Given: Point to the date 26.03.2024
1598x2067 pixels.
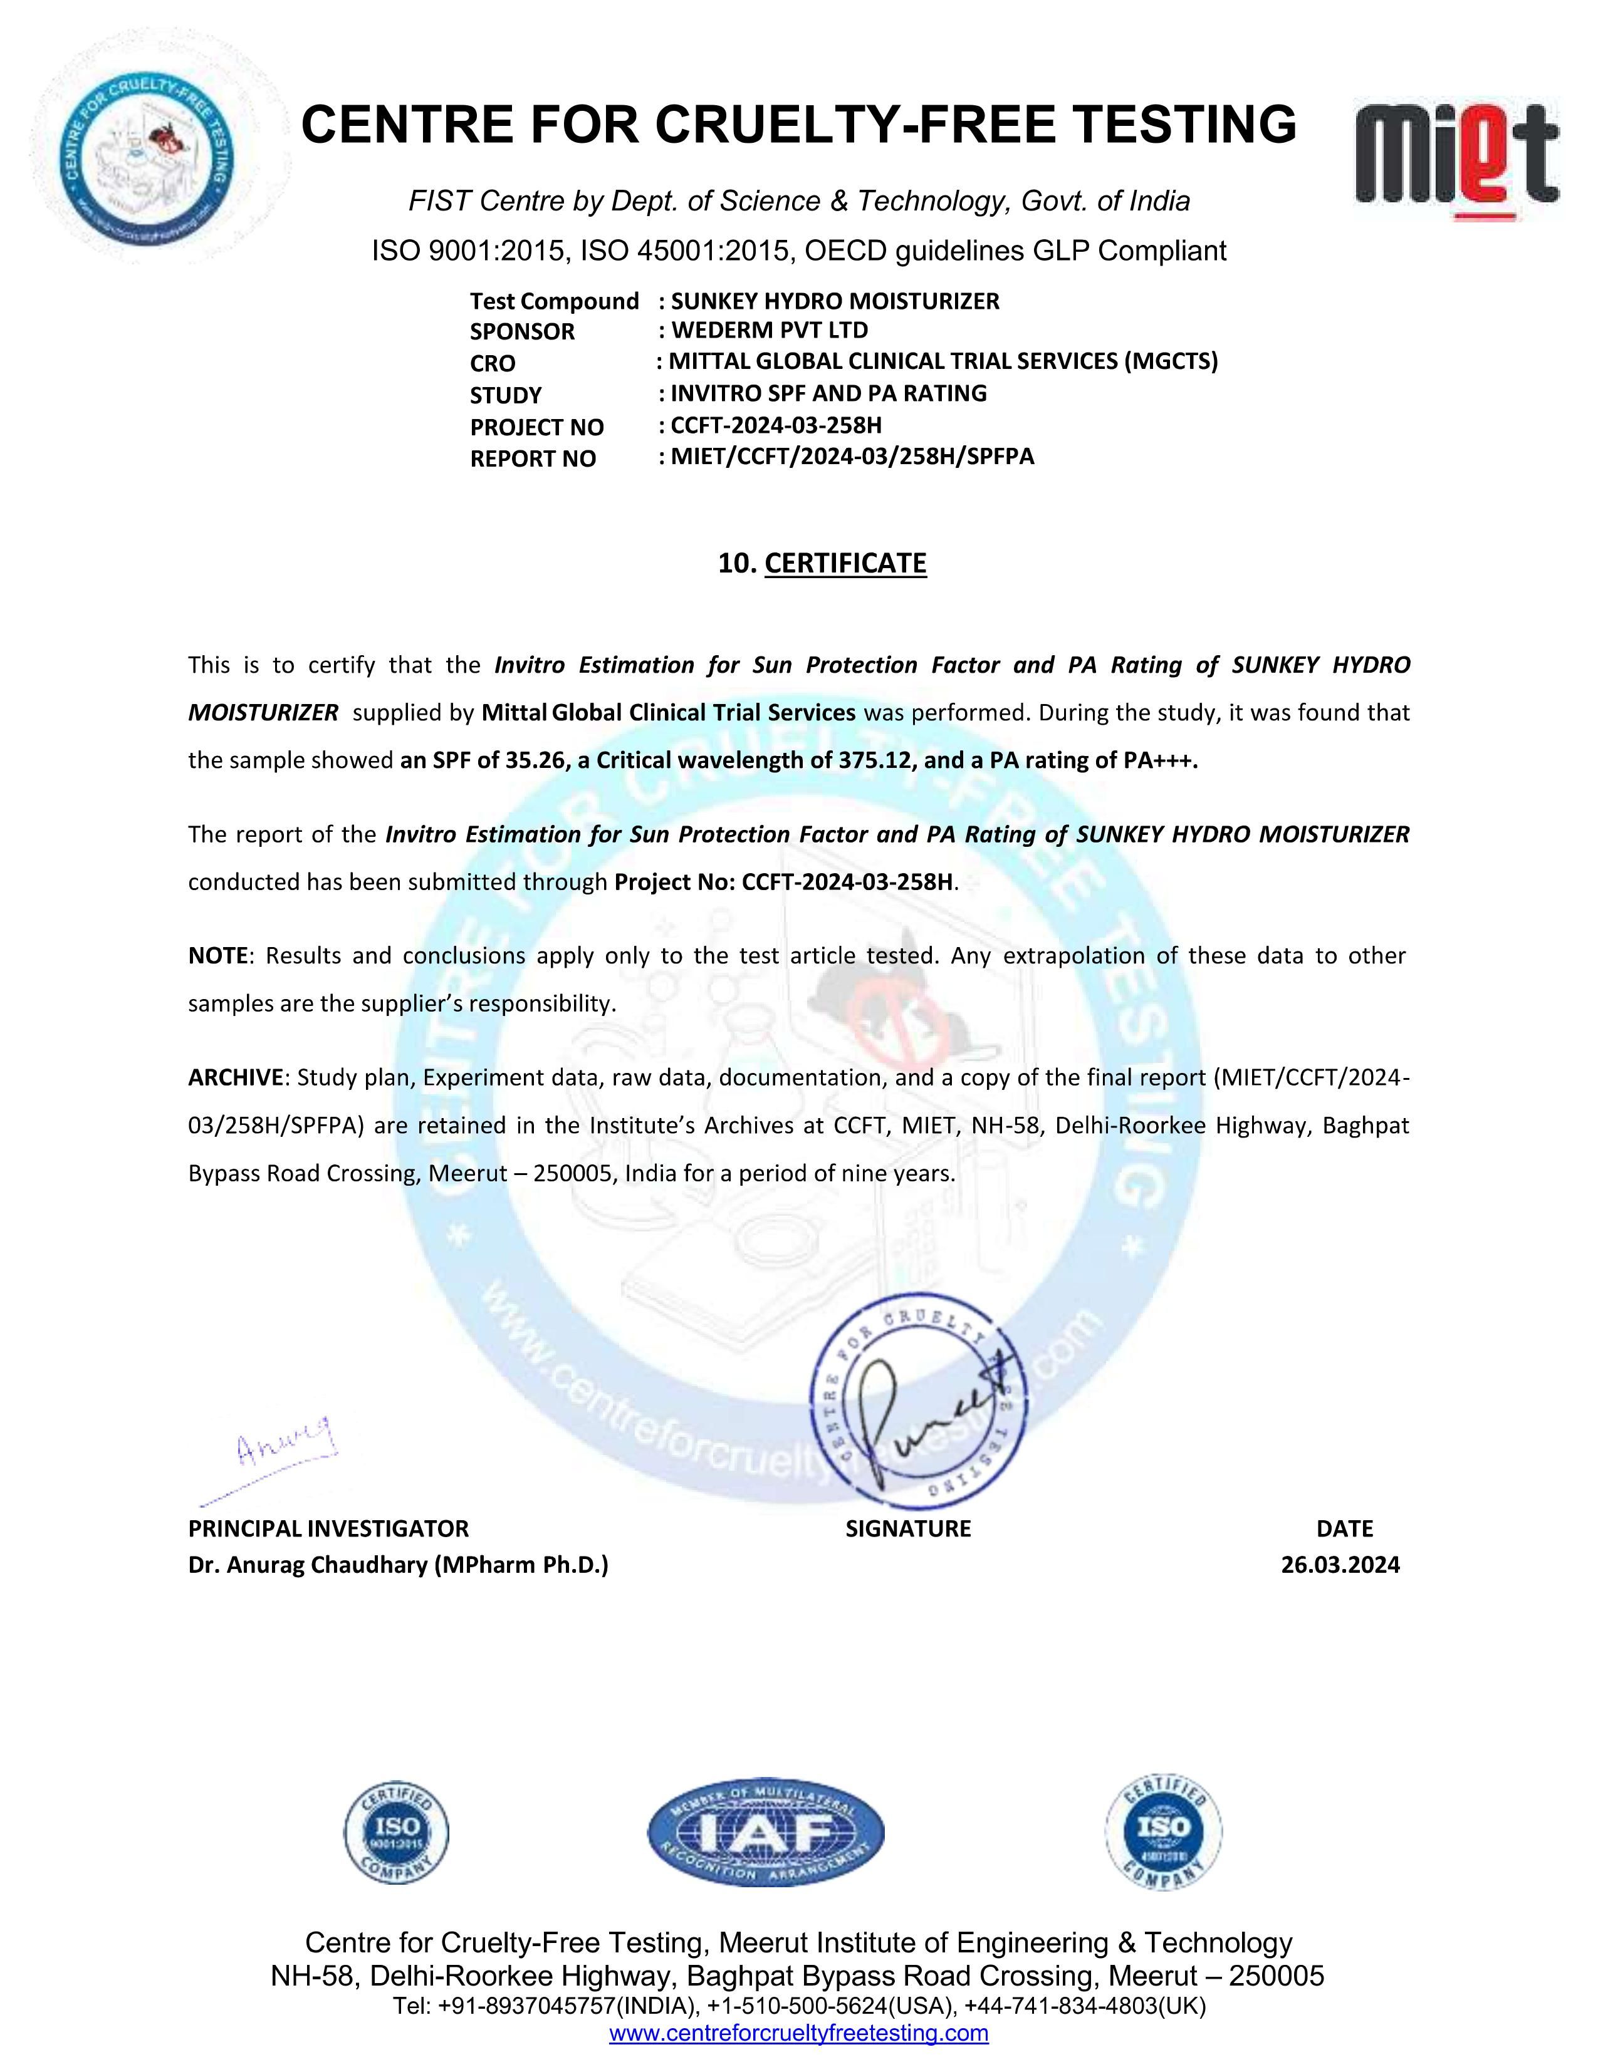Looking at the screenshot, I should pos(1340,1565).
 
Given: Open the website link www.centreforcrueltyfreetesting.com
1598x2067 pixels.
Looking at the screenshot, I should pos(798,2033).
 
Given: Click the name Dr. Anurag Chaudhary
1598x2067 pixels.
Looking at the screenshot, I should pos(397,1565).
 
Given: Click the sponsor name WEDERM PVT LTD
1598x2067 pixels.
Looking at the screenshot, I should pos(769,330).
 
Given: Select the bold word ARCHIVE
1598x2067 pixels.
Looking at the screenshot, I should pos(236,1078).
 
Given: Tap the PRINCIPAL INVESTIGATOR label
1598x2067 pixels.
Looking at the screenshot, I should pos(328,1528).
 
